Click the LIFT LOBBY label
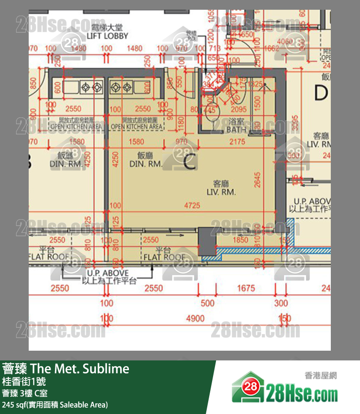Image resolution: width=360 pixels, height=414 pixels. tap(107, 36)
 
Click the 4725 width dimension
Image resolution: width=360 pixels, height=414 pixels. tap(192, 206)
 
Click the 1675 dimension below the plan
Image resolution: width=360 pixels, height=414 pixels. tap(246, 288)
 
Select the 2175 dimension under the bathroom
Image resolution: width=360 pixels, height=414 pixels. tap(237, 142)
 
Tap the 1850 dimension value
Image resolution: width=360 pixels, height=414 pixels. tap(240, 240)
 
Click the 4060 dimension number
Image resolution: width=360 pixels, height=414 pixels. tap(285, 42)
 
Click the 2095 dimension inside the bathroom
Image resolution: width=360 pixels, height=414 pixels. tap(238, 110)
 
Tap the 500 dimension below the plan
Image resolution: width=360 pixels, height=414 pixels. tap(207, 303)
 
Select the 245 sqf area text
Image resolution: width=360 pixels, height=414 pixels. tap(55, 405)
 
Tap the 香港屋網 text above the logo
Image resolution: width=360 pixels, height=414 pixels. tap(321, 375)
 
